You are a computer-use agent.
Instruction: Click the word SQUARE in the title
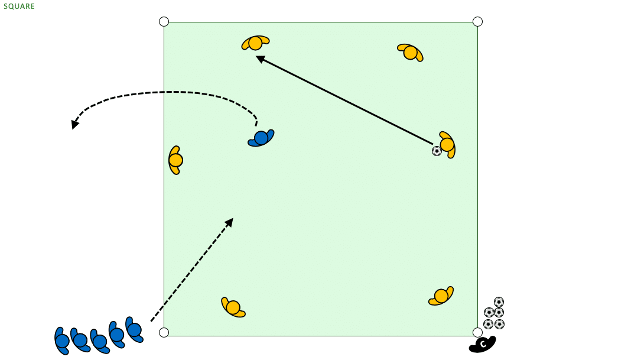click(19, 6)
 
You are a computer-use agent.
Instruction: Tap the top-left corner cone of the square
click(164, 22)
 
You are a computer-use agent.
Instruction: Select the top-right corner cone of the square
click(477, 22)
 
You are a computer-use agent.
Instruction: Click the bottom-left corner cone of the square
click(164, 333)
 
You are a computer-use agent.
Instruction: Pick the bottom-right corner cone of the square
click(477, 332)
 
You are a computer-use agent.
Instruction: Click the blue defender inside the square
click(261, 138)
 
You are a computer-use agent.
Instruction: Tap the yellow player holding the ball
click(447, 145)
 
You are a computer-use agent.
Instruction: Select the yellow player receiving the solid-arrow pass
click(255, 43)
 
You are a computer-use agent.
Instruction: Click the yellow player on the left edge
click(175, 160)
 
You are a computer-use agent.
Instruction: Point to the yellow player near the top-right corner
click(410, 53)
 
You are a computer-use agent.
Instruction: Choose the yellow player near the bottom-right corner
click(441, 296)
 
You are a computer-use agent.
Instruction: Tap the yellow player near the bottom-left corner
click(233, 307)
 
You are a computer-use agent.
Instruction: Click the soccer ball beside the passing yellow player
click(437, 151)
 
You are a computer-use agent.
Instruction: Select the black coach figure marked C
click(483, 345)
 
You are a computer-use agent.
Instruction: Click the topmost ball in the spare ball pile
click(499, 302)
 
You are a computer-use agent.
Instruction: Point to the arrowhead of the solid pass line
click(259, 59)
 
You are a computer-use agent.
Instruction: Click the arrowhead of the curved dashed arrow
click(74, 124)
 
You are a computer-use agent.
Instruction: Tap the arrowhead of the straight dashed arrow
click(230, 222)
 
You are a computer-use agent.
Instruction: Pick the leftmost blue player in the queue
click(61, 340)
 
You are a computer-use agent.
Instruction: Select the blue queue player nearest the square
click(134, 329)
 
